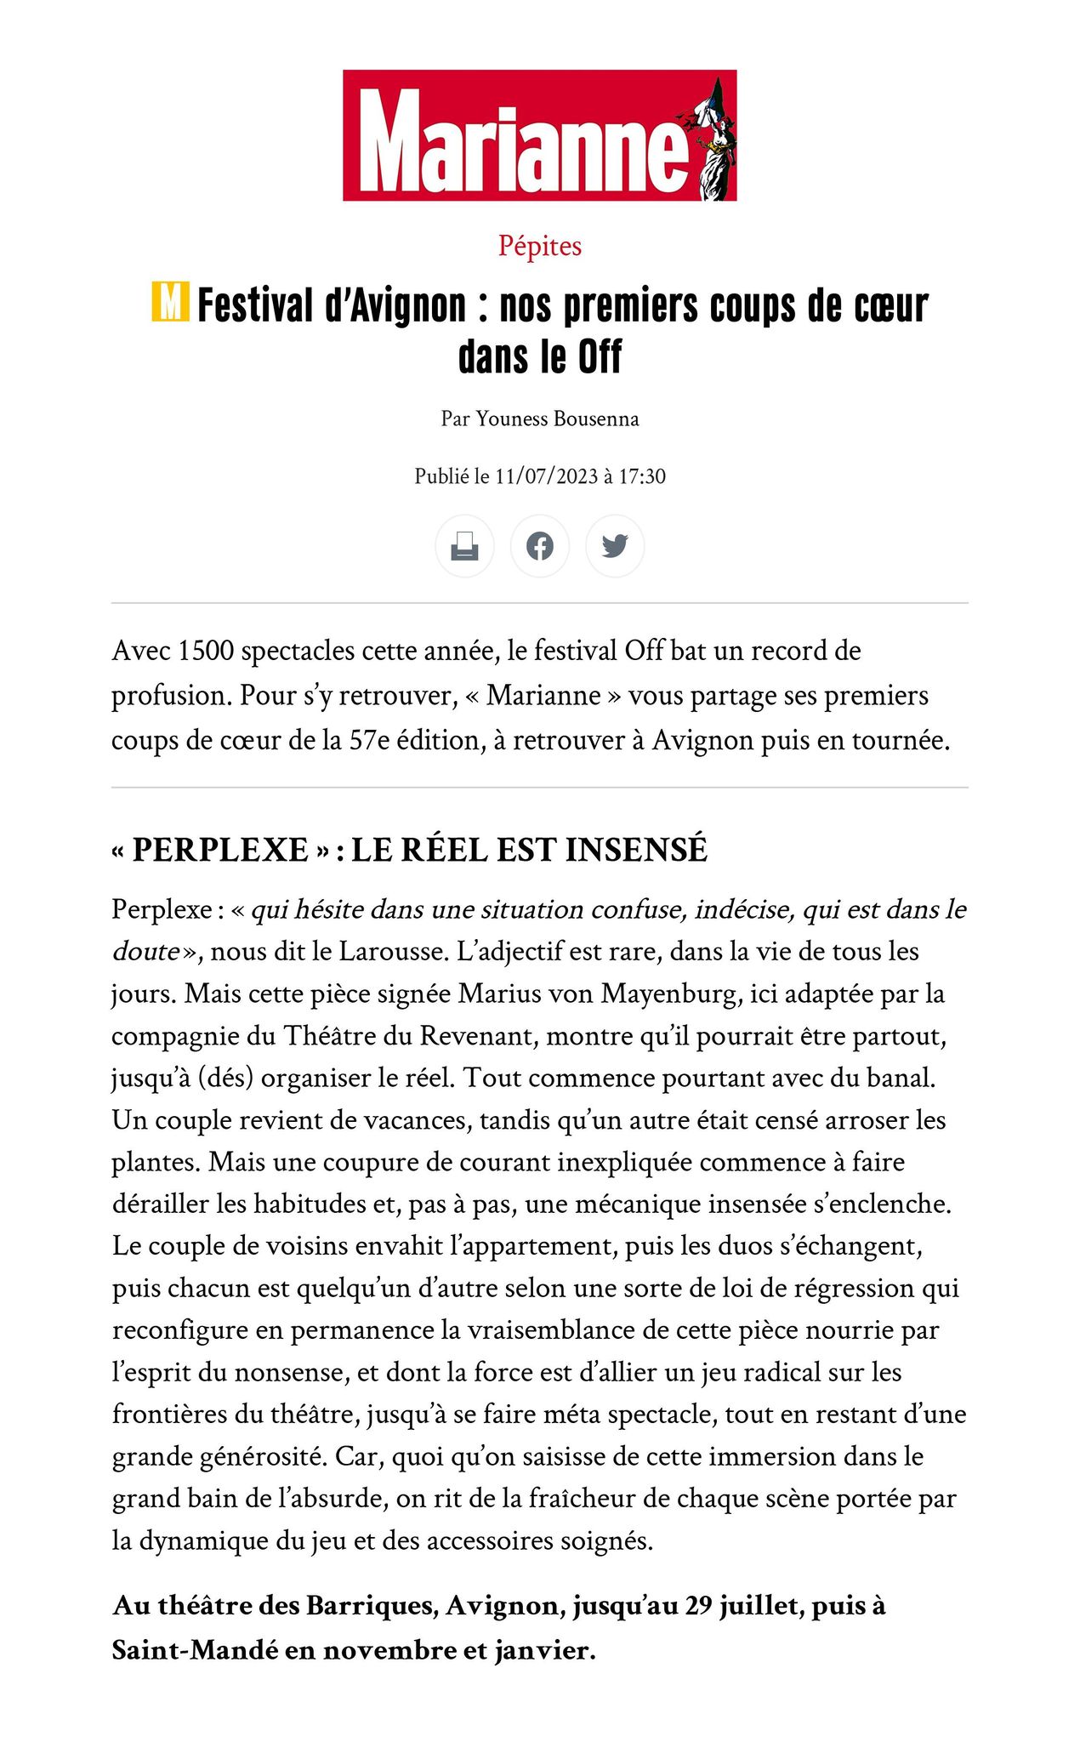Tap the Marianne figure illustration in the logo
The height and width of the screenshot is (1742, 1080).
[x=712, y=140]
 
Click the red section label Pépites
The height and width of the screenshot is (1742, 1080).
[x=540, y=246]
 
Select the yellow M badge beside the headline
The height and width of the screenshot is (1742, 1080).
[x=170, y=303]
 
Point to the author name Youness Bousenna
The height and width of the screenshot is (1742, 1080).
[x=557, y=418]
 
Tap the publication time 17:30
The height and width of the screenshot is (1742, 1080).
[x=642, y=476]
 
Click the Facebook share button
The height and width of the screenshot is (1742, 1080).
[x=540, y=545]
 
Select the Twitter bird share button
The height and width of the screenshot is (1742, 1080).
[x=615, y=545]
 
